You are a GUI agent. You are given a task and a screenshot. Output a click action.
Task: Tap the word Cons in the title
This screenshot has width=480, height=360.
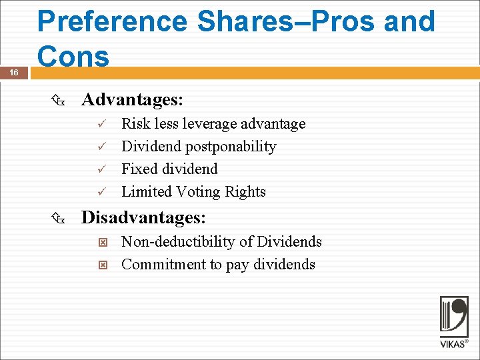pos(73,56)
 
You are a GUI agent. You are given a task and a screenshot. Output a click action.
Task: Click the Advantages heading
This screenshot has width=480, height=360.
pos(132,100)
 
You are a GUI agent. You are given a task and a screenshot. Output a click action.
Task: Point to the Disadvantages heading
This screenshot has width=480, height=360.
pos(143,218)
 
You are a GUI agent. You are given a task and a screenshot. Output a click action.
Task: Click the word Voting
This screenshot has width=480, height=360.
pos(198,192)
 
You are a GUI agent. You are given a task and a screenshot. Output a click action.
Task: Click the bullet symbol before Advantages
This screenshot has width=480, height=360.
pos(57,101)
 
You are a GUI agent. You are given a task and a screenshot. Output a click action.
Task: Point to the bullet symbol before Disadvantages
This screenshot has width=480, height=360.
pos(57,219)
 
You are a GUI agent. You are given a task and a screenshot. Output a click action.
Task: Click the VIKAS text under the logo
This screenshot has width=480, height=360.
pos(453,344)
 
